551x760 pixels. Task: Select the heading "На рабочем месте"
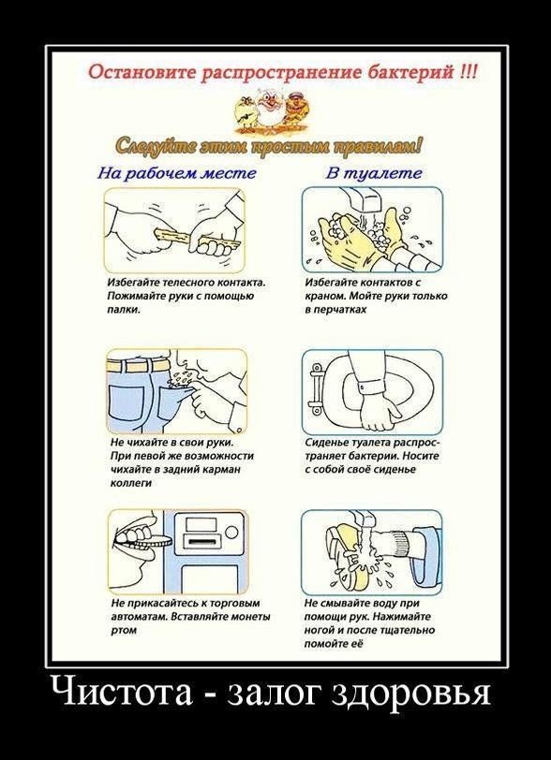click(177, 173)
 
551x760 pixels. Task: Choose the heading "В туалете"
click(373, 173)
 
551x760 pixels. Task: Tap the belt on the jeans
click(141, 364)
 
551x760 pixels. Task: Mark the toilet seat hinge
click(316, 390)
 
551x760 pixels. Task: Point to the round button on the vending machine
click(232, 533)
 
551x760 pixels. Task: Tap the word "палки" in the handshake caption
click(124, 310)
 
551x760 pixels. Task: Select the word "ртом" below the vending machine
click(124, 630)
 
